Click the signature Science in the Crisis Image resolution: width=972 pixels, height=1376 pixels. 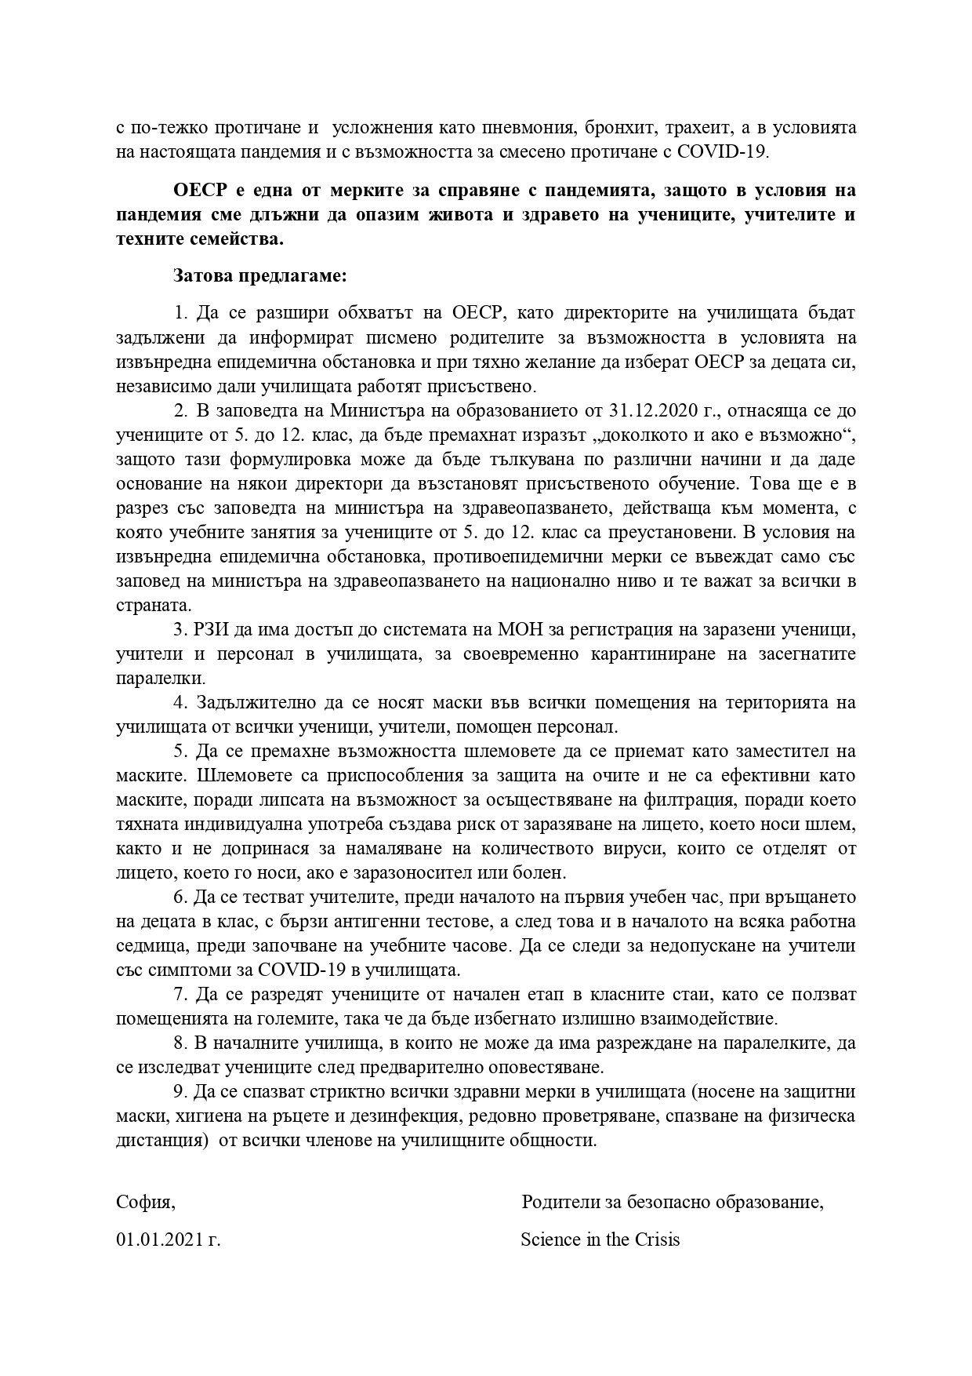600,1240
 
